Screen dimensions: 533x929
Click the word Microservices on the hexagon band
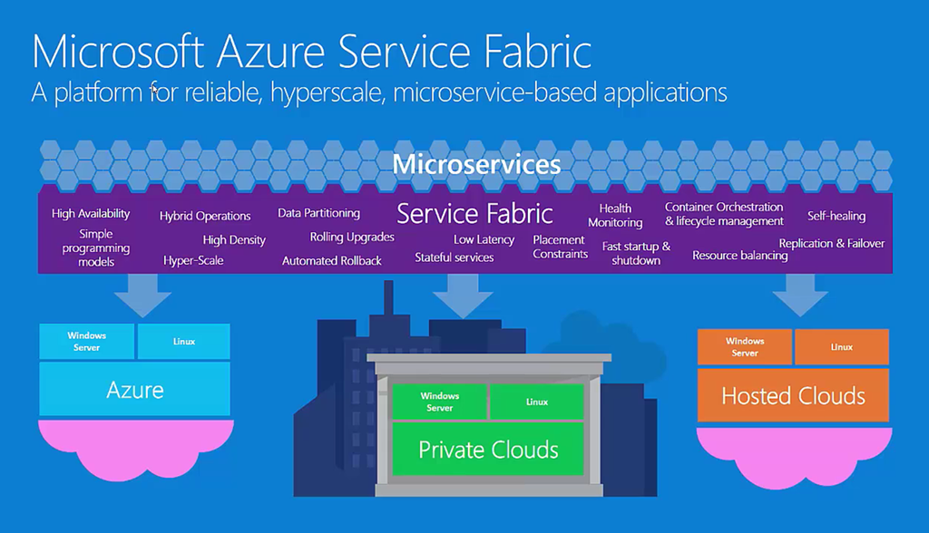(476, 165)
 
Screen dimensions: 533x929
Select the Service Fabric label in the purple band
(474, 214)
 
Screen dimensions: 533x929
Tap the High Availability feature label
(91, 214)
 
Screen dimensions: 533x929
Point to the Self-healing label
(836, 216)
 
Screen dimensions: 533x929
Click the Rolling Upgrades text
(352, 237)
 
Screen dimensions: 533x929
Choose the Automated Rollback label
(332, 261)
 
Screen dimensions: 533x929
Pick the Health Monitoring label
(615, 216)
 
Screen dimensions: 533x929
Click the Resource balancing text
(739, 256)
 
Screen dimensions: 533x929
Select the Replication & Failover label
(831, 243)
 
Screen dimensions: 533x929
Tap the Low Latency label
(484, 239)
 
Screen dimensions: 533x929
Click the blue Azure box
(134, 391)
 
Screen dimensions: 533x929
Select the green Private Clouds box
(488, 449)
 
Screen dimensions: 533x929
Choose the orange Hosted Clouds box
(793, 395)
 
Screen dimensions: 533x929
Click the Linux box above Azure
(184, 342)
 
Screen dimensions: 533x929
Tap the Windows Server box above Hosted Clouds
(745, 347)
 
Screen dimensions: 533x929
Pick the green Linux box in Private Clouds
(537, 402)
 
